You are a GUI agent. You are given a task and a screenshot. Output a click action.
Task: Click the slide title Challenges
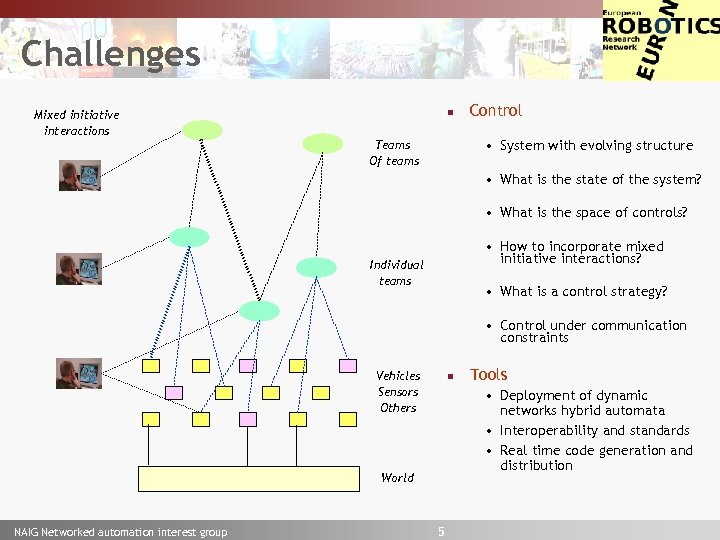click(110, 54)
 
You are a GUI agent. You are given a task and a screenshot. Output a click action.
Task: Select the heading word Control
click(495, 111)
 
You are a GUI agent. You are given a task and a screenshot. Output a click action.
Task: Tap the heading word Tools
click(488, 375)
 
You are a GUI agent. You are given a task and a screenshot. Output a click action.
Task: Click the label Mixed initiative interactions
click(76, 123)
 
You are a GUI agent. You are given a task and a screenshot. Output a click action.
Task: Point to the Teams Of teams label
click(393, 153)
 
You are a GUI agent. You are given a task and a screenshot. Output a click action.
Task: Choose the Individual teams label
click(396, 273)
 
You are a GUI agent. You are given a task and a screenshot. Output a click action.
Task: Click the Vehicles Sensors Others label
click(398, 392)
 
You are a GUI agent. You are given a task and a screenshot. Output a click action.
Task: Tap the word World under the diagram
click(397, 478)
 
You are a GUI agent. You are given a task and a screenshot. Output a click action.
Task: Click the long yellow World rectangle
click(248, 478)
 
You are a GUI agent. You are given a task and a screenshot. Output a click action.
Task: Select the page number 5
click(441, 531)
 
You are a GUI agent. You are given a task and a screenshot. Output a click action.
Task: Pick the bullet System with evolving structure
click(596, 146)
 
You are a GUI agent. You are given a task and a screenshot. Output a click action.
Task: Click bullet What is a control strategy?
click(583, 292)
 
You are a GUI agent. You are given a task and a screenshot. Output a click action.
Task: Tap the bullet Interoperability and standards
click(594, 431)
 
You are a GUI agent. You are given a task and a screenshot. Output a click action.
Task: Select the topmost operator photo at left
click(78, 176)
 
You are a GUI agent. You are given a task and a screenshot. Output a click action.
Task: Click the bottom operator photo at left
click(78, 373)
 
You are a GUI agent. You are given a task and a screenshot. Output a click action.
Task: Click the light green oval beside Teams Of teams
click(323, 143)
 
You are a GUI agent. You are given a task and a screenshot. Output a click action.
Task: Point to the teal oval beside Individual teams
click(317, 267)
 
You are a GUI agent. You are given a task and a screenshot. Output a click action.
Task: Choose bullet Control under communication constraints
click(592, 332)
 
